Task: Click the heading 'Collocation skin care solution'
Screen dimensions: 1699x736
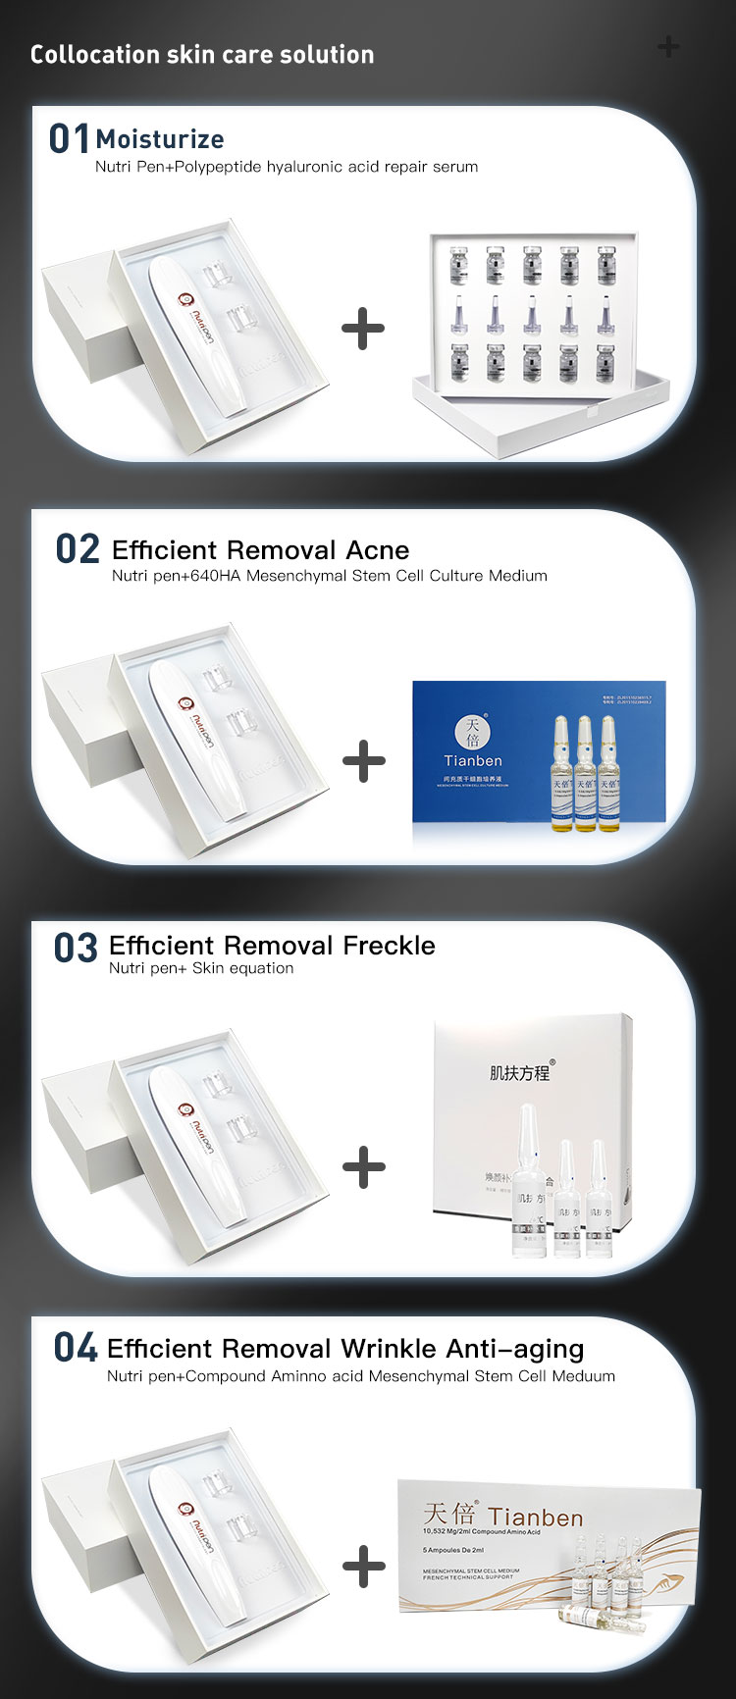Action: (x=202, y=55)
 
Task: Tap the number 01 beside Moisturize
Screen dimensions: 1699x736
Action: (x=69, y=139)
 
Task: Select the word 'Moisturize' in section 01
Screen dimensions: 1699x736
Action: (x=160, y=139)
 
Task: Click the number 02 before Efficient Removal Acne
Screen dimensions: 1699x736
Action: (x=78, y=549)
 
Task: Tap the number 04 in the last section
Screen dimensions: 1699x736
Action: (x=76, y=1348)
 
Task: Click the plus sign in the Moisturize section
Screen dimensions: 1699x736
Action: (x=363, y=329)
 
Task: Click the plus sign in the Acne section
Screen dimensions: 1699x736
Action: (x=364, y=761)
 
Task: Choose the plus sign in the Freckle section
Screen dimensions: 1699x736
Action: (x=364, y=1166)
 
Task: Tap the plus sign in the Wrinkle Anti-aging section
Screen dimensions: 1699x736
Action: (x=364, y=1566)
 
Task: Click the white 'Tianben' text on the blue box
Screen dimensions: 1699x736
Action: (x=473, y=761)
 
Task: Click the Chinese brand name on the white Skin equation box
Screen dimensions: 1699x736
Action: (x=520, y=1073)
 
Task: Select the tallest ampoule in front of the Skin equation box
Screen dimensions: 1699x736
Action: (x=528, y=1177)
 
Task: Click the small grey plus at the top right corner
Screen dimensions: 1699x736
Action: (x=668, y=46)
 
